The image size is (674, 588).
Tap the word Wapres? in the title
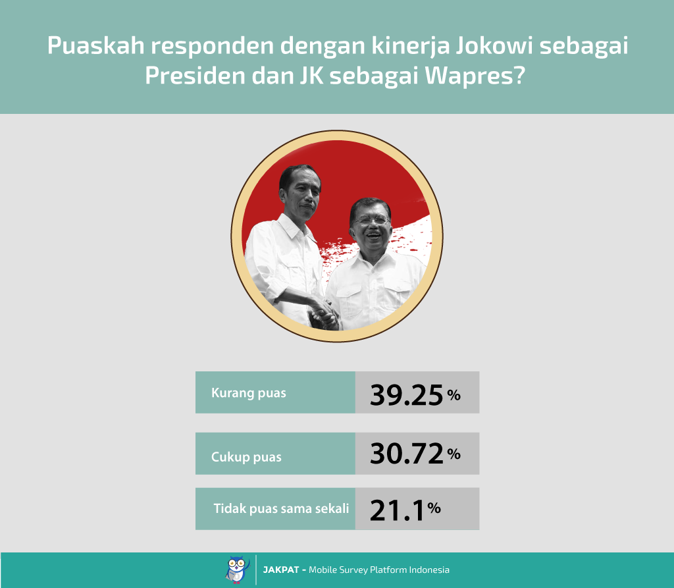[x=475, y=76]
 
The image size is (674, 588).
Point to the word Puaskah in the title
[x=96, y=45]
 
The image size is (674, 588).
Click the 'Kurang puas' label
[x=248, y=393]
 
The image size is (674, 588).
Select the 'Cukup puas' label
[x=246, y=457]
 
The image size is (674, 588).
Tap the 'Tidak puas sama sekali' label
[x=281, y=508]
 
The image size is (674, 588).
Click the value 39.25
[x=406, y=395]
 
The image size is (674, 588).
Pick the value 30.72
[x=406, y=454]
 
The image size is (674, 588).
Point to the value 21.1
[x=397, y=510]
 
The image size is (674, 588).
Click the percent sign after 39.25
[x=454, y=394]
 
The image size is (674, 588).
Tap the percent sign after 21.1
[x=434, y=508]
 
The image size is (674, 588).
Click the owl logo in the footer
[x=237, y=570]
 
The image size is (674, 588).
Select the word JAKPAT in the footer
[x=280, y=570]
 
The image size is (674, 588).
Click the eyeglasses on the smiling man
[x=370, y=221]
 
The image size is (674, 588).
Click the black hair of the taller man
[x=299, y=175]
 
